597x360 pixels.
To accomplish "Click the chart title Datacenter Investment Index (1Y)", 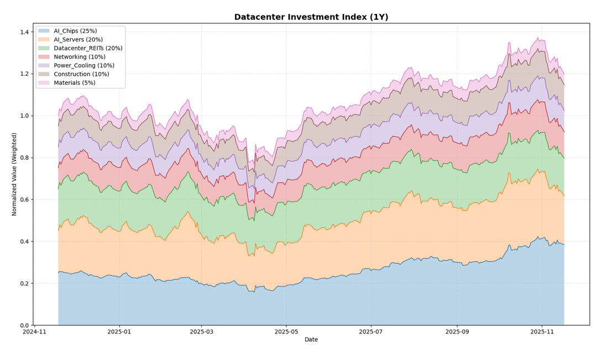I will (311, 17).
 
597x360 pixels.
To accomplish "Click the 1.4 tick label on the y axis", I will (24, 32).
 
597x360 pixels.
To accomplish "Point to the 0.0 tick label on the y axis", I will (24, 325).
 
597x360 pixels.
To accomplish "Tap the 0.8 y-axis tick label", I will (24, 158).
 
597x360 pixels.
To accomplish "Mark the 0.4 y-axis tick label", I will (24, 242).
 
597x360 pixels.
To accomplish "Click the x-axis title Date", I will (311, 340).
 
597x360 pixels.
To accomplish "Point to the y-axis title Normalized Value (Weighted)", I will (15, 174).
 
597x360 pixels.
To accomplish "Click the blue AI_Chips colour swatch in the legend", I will (44, 31).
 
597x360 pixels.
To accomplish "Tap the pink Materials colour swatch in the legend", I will (44, 82).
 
